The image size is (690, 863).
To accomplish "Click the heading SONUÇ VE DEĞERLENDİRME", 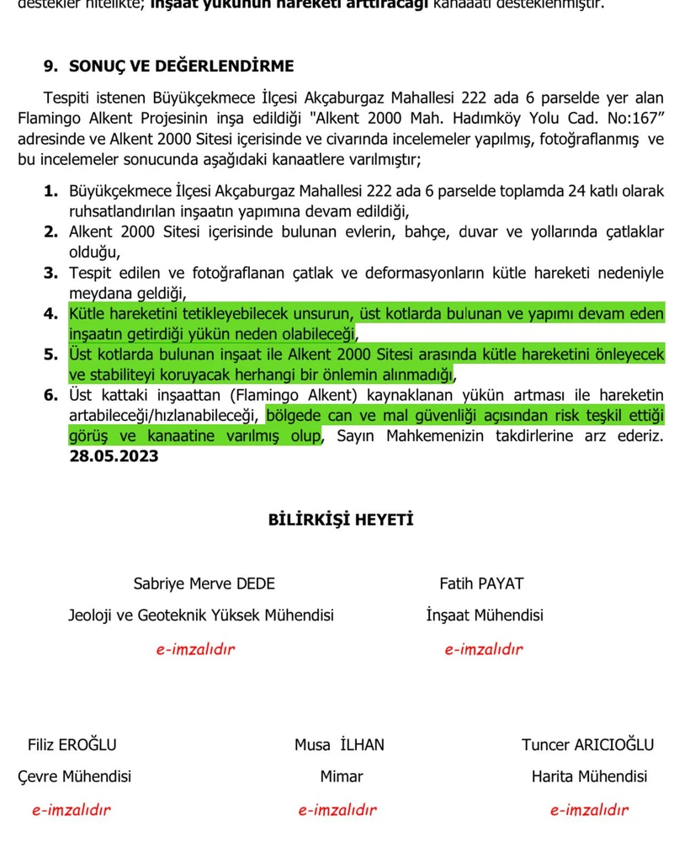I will point(182,66).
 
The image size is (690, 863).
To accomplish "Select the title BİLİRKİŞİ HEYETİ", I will point(341,519).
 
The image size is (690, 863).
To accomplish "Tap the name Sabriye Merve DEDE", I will point(204,583).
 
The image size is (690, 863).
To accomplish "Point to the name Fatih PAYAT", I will point(481,583).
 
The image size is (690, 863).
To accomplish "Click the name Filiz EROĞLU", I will point(72,744).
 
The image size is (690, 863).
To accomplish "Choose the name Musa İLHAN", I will point(339,744).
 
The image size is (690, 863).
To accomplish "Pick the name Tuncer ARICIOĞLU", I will point(587,744).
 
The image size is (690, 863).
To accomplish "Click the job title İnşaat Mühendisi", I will point(485,615).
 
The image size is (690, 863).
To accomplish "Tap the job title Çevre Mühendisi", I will point(74,776).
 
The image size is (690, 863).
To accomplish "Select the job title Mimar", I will point(342,776).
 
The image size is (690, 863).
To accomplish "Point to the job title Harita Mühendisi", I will point(589,776).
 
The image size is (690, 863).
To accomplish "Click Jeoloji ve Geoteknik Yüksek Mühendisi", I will point(201,615).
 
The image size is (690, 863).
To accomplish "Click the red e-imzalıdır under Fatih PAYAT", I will point(484,649).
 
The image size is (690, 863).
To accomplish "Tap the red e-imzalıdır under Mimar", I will point(337,810).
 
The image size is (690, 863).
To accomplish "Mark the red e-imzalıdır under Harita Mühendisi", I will point(589,810).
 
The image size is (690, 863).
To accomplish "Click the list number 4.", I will point(50,314).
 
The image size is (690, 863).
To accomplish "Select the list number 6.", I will point(50,395).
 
